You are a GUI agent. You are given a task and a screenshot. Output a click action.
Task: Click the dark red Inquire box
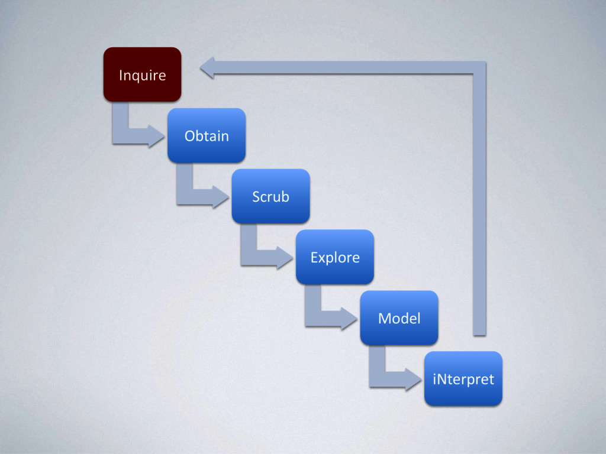pyautogui.click(x=142, y=74)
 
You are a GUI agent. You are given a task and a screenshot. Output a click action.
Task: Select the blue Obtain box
pyautogui.click(x=207, y=135)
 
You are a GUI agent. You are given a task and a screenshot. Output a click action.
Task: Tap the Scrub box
pyautogui.click(x=270, y=196)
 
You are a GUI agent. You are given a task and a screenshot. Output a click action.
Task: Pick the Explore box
pyautogui.click(x=335, y=257)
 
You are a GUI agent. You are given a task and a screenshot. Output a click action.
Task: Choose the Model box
pyautogui.click(x=399, y=318)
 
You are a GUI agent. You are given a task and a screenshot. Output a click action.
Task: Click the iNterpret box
pyautogui.click(x=463, y=379)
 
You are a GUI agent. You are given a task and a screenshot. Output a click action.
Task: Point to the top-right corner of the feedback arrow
pyautogui.click(x=479, y=67)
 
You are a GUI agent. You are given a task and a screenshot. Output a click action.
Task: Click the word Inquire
pyautogui.click(x=142, y=75)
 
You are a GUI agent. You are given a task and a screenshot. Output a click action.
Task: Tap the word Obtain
pyautogui.click(x=207, y=136)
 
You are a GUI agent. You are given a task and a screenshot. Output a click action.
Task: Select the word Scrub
pyautogui.click(x=270, y=196)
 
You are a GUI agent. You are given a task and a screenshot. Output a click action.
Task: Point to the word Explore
pyautogui.click(x=335, y=258)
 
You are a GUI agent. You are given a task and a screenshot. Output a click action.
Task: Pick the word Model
pyautogui.click(x=399, y=318)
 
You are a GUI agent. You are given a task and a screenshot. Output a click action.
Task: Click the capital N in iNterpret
pyautogui.click(x=442, y=379)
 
